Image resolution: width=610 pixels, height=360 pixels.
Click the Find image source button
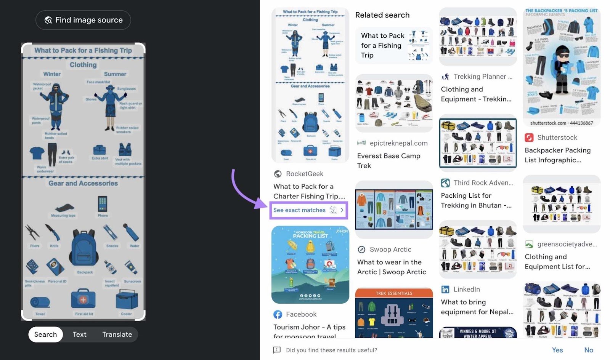click(x=83, y=20)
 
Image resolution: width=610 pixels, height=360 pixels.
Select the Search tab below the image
click(x=45, y=334)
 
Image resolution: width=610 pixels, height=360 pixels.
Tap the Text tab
click(x=79, y=334)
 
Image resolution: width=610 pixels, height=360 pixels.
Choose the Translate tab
click(x=117, y=334)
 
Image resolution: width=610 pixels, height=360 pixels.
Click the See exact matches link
click(x=300, y=210)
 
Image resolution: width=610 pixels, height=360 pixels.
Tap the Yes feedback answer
click(x=557, y=350)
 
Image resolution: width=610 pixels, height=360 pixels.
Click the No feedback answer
click(x=588, y=350)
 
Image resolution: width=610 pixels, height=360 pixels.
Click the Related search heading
click(x=382, y=15)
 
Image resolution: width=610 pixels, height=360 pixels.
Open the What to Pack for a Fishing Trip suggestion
click(x=393, y=45)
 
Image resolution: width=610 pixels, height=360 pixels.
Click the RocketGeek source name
click(x=304, y=174)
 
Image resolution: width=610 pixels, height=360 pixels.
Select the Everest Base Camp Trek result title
click(x=388, y=160)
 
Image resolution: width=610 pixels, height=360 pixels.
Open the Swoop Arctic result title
click(x=392, y=267)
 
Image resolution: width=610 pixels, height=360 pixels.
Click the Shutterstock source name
click(x=557, y=138)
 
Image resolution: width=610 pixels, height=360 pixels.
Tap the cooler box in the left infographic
click(x=127, y=300)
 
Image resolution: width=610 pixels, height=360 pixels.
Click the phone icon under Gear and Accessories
click(x=102, y=204)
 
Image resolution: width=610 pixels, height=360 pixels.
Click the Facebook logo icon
click(x=278, y=314)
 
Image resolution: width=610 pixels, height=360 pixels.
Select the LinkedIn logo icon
click(x=445, y=290)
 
